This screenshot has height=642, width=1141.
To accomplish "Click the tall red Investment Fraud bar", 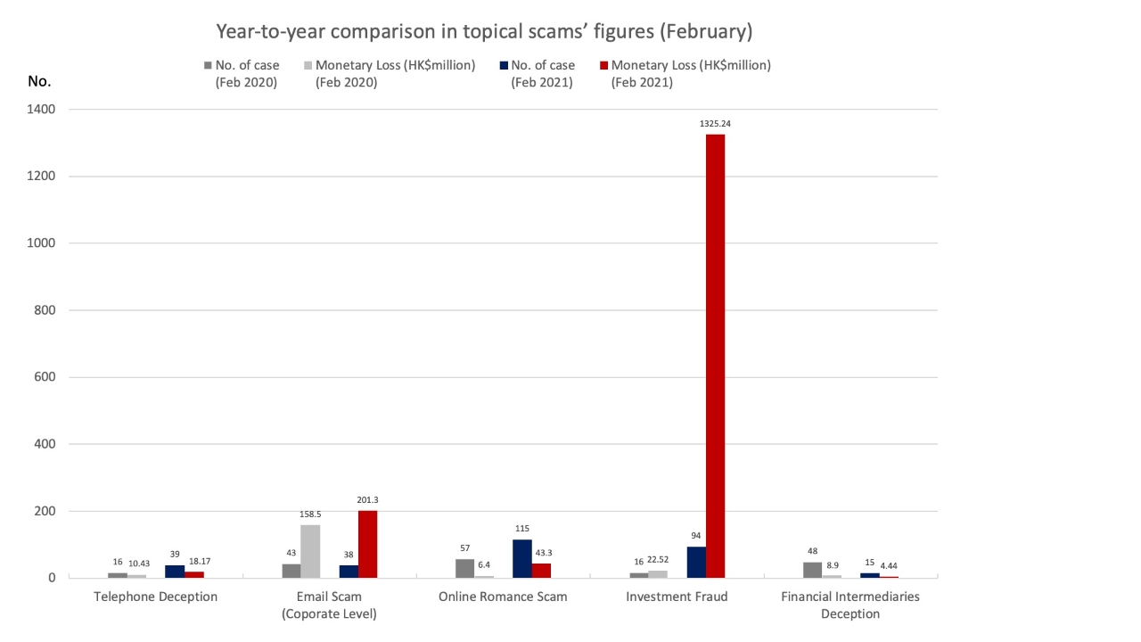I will click(715, 357).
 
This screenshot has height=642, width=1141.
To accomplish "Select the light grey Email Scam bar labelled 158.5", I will click(309, 551).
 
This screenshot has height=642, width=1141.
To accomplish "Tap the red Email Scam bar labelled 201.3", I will click(367, 544).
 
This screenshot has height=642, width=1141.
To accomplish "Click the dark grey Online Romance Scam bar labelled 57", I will click(464, 569).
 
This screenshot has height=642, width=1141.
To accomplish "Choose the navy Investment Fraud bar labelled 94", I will click(695, 563).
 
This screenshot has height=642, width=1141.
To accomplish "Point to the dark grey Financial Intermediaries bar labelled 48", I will click(812, 570).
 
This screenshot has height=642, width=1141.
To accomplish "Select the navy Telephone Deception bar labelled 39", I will click(175, 572).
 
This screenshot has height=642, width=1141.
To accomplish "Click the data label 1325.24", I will click(715, 124).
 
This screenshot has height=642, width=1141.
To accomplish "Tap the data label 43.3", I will click(541, 554).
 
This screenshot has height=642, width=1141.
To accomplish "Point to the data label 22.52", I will click(658, 559).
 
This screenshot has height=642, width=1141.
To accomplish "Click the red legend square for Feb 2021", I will click(603, 65).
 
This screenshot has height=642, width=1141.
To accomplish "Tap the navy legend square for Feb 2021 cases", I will click(504, 65).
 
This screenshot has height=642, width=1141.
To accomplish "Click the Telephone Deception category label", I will click(156, 597).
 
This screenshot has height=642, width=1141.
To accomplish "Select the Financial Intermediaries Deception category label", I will click(850, 605).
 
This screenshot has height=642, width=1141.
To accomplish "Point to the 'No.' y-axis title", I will click(39, 81).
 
